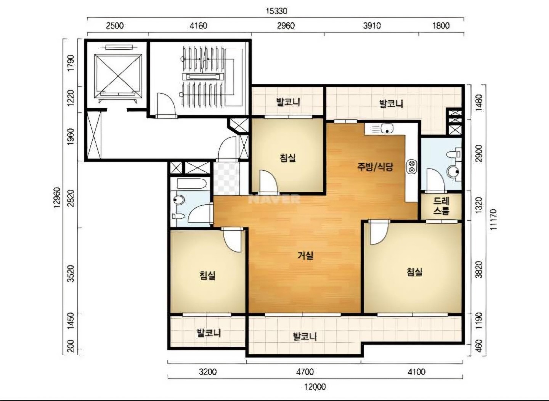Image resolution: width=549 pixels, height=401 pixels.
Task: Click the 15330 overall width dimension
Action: pyautogui.click(x=276, y=11)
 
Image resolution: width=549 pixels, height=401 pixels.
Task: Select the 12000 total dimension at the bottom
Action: pyautogui.click(x=315, y=387)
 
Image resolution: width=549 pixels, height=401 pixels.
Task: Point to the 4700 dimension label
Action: pyautogui.click(x=305, y=372)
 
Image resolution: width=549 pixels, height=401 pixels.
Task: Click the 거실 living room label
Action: pyautogui.click(x=305, y=256)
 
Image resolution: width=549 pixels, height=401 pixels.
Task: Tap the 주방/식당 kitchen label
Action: pyautogui.click(x=375, y=167)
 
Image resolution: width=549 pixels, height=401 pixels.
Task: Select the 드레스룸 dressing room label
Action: pyautogui.click(x=441, y=206)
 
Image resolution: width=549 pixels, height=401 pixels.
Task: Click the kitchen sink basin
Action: pyautogui.click(x=387, y=128)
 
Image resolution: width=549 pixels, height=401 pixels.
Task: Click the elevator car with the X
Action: pyautogui.click(x=118, y=76)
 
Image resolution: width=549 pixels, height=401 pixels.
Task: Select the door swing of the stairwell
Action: pyautogui.click(x=166, y=104)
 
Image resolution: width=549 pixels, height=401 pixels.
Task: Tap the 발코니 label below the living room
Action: pyautogui.click(x=305, y=337)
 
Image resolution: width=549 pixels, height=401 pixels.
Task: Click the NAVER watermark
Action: pyautogui.click(x=274, y=199)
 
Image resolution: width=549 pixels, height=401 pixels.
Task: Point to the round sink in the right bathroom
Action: pyautogui.click(x=453, y=172)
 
